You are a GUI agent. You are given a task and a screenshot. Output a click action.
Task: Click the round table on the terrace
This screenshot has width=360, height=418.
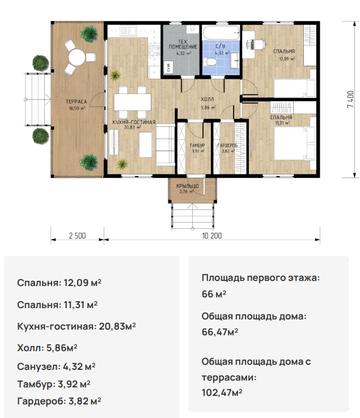click(x=77, y=57)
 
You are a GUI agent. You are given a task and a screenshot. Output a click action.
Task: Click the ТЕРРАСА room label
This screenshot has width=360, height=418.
click(x=77, y=101)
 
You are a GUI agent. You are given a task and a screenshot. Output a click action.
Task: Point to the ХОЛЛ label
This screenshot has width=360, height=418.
click(x=207, y=100)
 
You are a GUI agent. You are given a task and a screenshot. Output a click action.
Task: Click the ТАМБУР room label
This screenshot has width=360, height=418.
click(x=197, y=146)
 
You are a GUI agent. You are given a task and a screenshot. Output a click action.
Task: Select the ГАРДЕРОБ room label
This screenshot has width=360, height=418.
click(x=227, y=146)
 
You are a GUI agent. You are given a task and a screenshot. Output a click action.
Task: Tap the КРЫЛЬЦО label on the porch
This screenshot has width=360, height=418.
click(x=187, y=186)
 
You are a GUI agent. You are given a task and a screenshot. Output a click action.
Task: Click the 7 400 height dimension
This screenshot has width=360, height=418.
click(x=351, y=99)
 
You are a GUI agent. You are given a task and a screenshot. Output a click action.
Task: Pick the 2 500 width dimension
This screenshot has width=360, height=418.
click(x=78, y=236)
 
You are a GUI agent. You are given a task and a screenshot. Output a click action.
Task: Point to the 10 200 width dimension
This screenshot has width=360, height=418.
click(x=212, y=236)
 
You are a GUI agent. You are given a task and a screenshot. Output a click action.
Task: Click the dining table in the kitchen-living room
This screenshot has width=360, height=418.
click(x=132, y=102)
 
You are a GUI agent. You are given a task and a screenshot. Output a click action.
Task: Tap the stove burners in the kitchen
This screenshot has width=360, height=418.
click(x=154, y=50)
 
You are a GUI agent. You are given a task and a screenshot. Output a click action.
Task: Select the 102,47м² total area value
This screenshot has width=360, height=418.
click(x=222, y=393)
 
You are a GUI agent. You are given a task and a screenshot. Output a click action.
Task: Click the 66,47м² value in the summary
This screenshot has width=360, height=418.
click(x=220, y=332)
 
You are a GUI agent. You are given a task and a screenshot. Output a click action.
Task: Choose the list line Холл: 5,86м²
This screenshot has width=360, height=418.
click(x=47, y=348)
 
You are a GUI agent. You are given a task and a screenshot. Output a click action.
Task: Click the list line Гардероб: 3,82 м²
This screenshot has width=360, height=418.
click(x=59, y=401)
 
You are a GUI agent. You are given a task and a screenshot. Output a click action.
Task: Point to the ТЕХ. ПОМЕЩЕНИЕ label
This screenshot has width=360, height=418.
click(x=183, y=44)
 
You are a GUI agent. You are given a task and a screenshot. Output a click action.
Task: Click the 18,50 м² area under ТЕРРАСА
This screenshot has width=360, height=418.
click(x=77, y=108)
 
